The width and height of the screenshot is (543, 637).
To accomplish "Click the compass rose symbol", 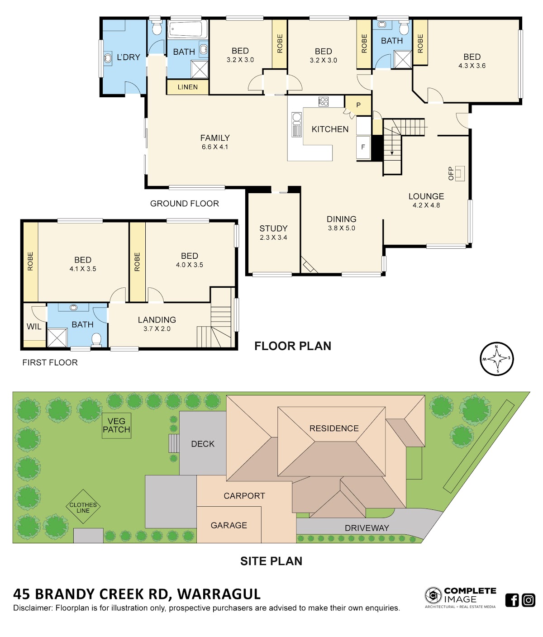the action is (496, 359).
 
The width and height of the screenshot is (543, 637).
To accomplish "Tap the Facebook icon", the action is (512, 600).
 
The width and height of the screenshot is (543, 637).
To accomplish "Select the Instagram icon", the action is (529, 600).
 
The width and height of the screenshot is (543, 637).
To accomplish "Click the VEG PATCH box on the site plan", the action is (116, 426).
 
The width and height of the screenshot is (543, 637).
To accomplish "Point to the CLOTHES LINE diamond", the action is (83, 506).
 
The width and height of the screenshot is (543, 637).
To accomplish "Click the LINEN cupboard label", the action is (187, 87).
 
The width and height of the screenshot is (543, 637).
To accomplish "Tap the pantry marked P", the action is (358, 105).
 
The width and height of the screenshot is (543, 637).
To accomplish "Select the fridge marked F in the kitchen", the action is (363, 147).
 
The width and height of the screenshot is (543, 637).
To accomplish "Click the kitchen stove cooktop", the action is (323, 101).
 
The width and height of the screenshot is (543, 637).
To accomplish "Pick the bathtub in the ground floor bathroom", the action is (188, 29).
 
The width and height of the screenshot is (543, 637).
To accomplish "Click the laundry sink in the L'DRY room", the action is (108, 58).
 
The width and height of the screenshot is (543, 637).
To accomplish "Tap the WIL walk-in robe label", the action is (34, 326).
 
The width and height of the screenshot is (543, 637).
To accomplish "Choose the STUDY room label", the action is (273, 228).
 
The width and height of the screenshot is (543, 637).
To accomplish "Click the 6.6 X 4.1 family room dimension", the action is (215, 147).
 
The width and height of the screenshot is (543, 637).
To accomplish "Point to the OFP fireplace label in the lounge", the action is (451, 174).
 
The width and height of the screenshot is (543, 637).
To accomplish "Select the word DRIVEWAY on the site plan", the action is (367, 528).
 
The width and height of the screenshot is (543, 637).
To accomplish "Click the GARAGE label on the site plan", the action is (229, 525).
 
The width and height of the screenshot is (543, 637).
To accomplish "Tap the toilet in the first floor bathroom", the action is (96, 340).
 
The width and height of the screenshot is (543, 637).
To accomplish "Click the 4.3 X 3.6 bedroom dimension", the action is (472, 66).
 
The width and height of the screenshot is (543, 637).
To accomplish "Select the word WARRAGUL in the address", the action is (219, 594).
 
